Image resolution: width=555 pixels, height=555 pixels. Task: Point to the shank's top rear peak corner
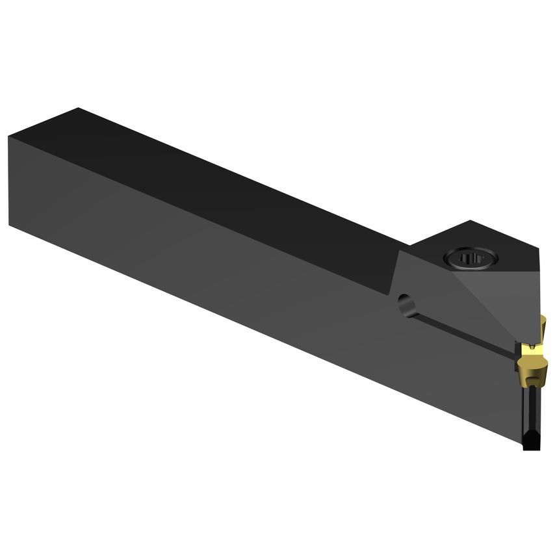coord(78,109)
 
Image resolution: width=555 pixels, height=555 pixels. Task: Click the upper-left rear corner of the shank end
coord(9,137)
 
